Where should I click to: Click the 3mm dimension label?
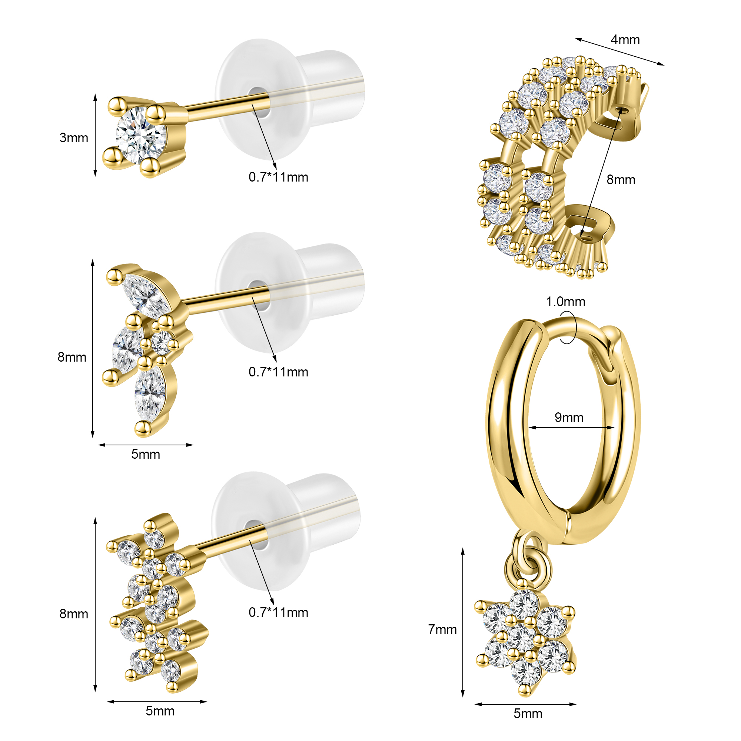[x=74, y=138]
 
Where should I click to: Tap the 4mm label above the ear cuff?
[x=625, y=40]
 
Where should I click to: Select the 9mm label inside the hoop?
[x=569, y=417]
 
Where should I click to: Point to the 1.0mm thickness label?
[x=565, y=302]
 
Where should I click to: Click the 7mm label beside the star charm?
[x=443, y=629]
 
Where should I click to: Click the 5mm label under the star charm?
[x=528, y=713]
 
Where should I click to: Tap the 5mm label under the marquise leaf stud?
[x=145, y=454]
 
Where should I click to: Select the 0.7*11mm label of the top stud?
[x=279, y=177]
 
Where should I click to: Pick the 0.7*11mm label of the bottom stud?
[x=279, y=612]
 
